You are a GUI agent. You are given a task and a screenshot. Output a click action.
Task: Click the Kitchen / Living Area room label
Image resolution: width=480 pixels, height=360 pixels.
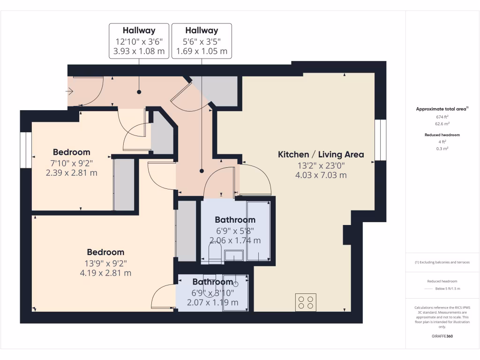point(321,154)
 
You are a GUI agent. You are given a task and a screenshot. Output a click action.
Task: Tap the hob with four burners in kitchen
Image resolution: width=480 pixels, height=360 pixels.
point(306,302)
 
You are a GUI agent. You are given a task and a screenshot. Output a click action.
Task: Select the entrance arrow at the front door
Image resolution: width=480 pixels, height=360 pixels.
point(70,91)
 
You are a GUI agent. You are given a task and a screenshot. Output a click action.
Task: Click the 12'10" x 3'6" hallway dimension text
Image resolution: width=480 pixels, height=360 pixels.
point(139,41)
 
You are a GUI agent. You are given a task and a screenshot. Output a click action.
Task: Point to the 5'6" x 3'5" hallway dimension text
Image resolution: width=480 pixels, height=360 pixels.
point(202,41)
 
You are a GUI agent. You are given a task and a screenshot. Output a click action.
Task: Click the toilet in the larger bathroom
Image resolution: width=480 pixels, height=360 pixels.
point(215,253)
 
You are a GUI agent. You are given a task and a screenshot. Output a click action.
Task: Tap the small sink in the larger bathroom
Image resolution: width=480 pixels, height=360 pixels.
point(233,255)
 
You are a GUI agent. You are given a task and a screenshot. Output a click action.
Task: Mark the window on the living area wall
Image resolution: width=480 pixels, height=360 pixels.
point(381,141)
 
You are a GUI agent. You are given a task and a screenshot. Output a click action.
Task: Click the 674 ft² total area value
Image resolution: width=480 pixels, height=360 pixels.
point(442,117)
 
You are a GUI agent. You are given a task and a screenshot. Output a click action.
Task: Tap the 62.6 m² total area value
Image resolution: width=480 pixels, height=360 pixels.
point(442,124)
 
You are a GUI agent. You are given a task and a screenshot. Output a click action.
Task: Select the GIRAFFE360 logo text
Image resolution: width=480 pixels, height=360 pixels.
point(442,336)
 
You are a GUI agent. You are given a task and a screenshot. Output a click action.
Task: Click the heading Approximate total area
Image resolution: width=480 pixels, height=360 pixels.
point(442,109)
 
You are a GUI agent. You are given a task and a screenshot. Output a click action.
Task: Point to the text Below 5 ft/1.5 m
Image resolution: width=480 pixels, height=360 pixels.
point(448,289)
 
